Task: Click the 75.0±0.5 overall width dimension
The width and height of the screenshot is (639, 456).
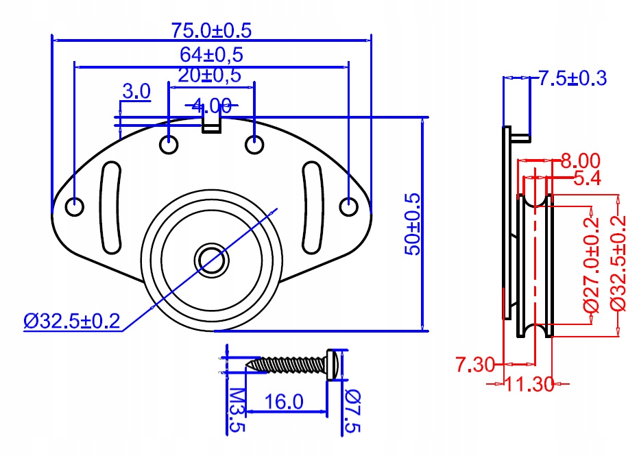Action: click(211, 29)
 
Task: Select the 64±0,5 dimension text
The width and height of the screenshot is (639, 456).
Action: click(212, 53)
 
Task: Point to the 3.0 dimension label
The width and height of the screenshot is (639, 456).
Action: click(136, 91)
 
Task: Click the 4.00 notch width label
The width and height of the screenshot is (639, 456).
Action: click(211, 106)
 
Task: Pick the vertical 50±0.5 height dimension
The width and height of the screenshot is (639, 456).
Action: click(412, 224)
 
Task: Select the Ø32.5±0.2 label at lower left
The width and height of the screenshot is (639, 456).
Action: click(71, 321)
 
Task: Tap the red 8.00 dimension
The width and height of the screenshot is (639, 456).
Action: click(580, 161)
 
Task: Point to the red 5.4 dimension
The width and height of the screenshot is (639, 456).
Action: click(588, 179)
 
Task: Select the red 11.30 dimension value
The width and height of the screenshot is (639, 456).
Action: click(529, 384)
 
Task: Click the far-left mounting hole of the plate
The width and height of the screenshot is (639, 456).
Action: click(75, 206)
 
